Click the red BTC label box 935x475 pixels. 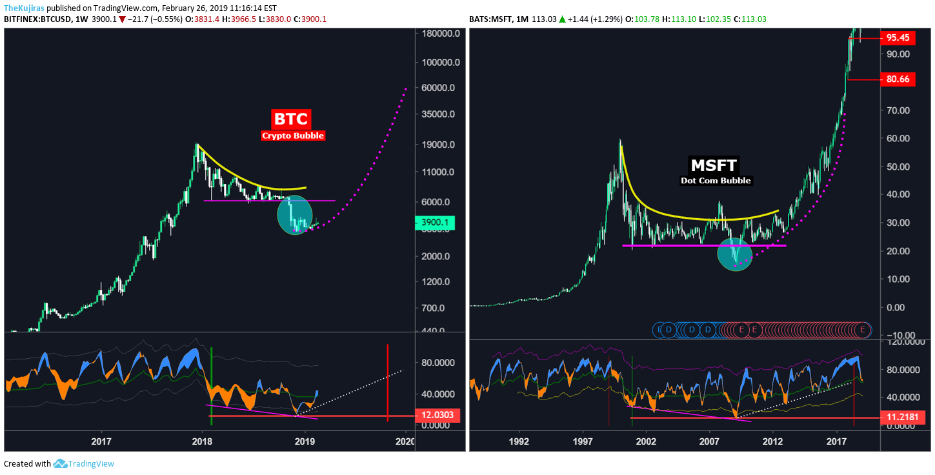[x=292, y=119]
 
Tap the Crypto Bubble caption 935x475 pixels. [x=292, y=136]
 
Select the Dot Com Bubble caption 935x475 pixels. [x=716, y=181]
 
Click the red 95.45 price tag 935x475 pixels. [x=898, y=38]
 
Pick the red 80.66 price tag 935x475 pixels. [x=898, y=79]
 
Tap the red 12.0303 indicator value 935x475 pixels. [x=437, y=416]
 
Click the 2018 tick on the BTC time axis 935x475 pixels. [x=203, y=441]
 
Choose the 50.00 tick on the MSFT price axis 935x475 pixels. [x=898, y=167]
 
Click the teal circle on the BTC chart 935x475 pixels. [x=295, y=215]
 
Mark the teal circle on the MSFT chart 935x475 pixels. [x=735, y=254]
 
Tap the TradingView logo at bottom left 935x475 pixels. [x=84, y=463]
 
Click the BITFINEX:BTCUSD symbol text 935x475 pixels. [x=38, y=19]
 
